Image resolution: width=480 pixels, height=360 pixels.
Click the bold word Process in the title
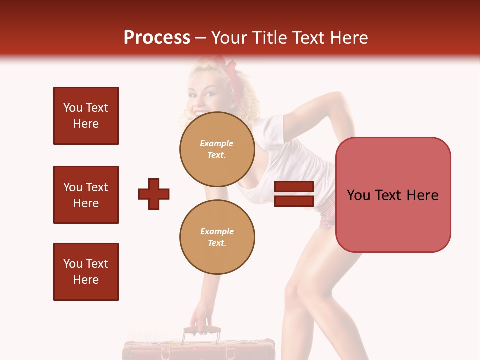[157, 38]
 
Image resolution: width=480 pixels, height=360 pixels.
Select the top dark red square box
[86, 116]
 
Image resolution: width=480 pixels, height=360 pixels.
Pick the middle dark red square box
[86, 195]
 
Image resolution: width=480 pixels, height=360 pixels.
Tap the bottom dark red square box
[86, 272]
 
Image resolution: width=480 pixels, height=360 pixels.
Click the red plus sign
[154, 194]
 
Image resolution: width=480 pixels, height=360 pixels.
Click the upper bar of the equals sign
[294, 187]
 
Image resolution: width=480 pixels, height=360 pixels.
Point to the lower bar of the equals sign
[294, 201]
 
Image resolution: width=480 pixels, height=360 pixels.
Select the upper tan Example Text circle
[217, 149]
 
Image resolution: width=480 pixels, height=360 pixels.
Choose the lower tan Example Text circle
[217, 237]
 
